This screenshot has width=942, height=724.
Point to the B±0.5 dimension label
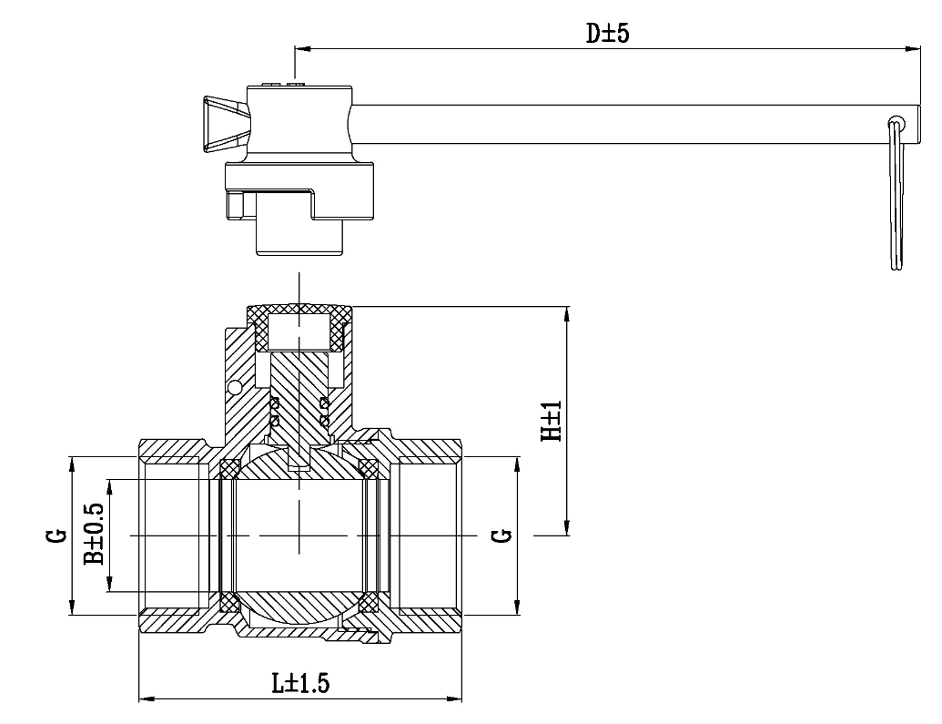[93, 535]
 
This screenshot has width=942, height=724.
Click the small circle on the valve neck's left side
[235, 388]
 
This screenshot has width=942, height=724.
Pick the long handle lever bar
[619, 123]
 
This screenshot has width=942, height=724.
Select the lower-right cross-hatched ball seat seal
[369, 603]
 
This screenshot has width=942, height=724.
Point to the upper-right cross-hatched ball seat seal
[369, 468]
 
